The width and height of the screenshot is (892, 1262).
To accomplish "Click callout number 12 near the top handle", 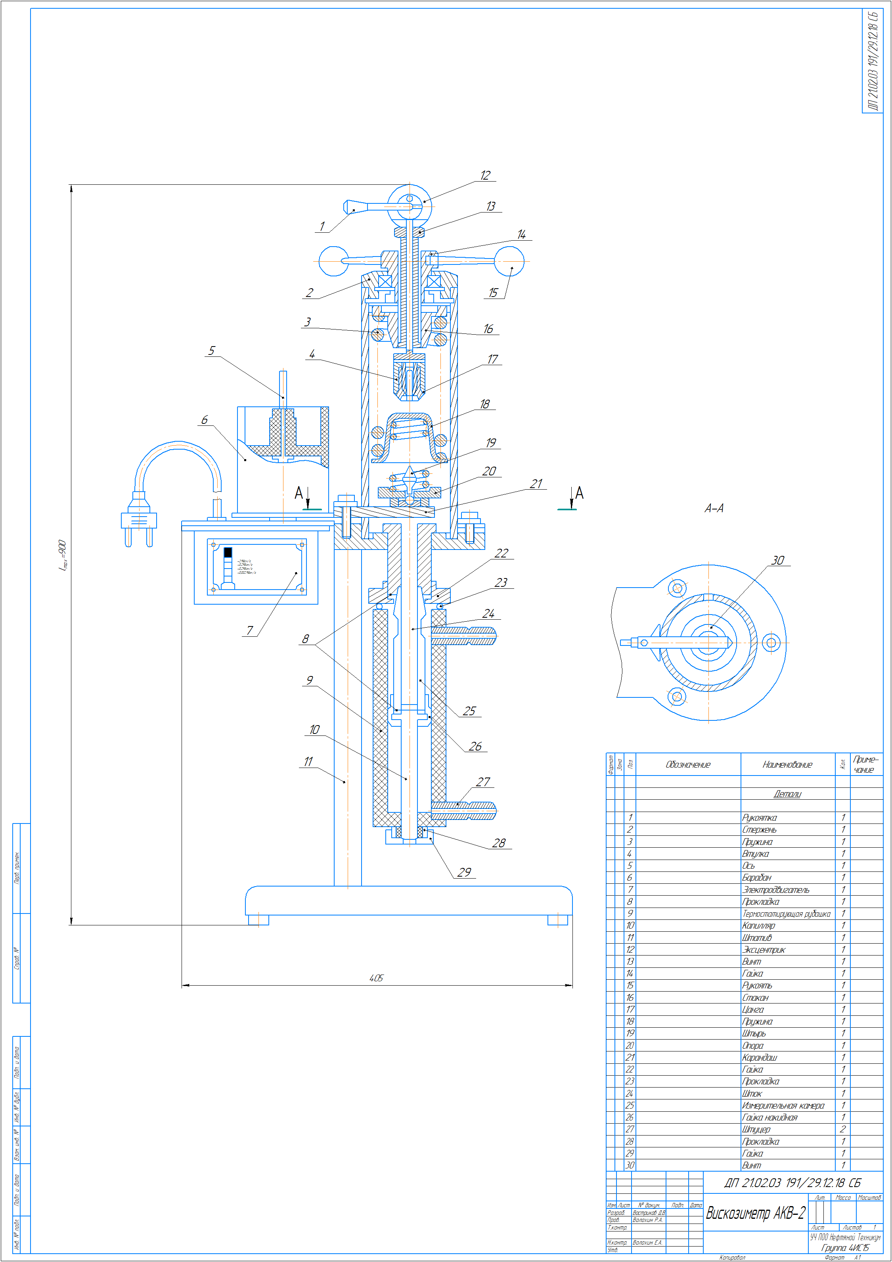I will pos(485,175).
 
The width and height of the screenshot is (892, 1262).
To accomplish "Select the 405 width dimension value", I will pos(377,978).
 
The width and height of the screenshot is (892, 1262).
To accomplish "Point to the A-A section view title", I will pos(714,508).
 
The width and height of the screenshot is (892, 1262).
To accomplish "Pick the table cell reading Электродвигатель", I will pos(775,889).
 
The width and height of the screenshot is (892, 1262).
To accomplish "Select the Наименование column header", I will pos(787,764).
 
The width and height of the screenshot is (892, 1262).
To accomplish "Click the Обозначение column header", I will pos(687,764).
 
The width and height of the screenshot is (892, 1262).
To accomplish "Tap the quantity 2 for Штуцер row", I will pos(842,1129).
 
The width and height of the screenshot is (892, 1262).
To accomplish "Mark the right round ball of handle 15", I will pos(509,262).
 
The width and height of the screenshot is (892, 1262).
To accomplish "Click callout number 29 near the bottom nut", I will pos(464,872).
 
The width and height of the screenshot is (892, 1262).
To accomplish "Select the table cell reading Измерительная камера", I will pos(783,1105).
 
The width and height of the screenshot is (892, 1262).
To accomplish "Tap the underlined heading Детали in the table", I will pos(787,794).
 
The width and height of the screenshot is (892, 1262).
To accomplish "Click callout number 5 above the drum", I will pos(212,350).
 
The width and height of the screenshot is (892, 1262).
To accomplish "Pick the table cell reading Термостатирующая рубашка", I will pos(786,913).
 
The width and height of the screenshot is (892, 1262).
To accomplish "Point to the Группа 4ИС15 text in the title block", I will pos(845,1248).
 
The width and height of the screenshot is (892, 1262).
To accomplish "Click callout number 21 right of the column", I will pos(536,484).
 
